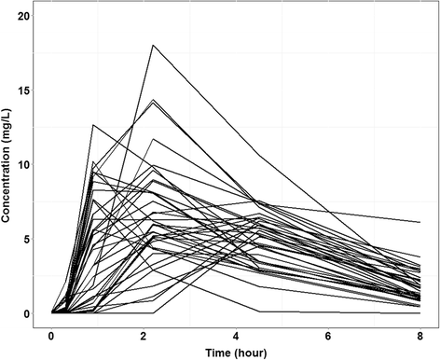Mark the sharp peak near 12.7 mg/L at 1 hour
[x=92, y=124]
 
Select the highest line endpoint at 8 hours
[x=421, y=222]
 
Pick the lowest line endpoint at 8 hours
[x=421, y=312]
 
